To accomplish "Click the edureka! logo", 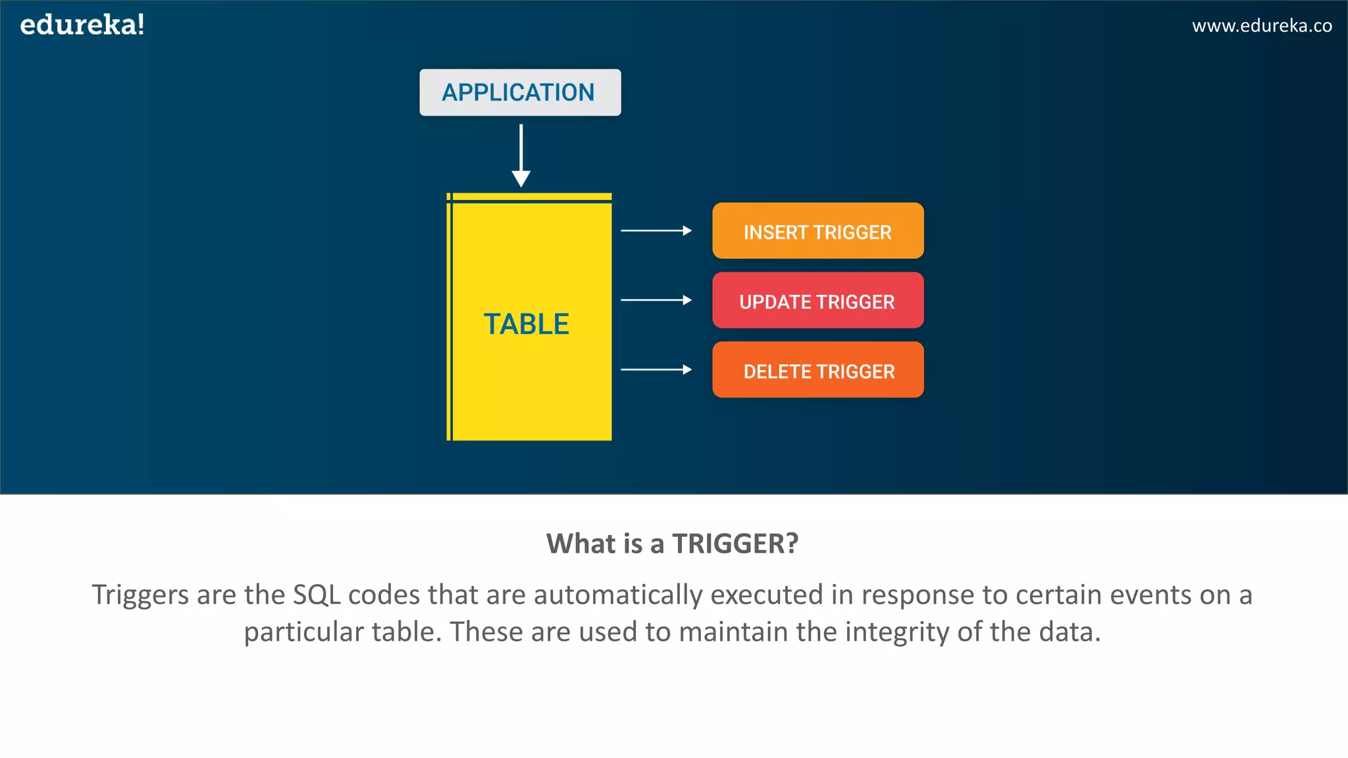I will pos(82,26).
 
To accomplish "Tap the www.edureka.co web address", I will pos(1262,26).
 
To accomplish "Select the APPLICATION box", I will pos(520,93).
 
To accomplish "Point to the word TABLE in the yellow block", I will pos(526,324).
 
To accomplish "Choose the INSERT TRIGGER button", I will pos(817,231).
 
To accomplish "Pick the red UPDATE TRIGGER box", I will pos(817,301).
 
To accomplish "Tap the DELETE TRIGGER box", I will pos(817,370).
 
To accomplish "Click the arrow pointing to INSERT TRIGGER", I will pos(656,231).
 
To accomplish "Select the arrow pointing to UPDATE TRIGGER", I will pos(656,300).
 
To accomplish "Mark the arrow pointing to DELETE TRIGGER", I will pos(656,370).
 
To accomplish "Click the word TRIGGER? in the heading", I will pos(735,544).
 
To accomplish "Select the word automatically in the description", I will pos(618,595).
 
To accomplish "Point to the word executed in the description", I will pos(767,595).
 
